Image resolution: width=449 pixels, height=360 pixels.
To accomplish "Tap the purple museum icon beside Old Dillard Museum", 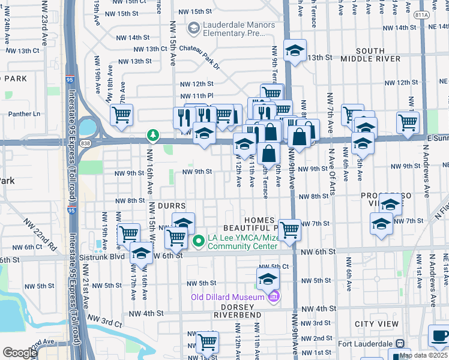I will click(274, 296).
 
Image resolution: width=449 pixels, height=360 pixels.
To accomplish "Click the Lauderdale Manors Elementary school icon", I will click(193, 28).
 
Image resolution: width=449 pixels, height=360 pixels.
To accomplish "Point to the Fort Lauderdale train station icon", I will click(398, 344).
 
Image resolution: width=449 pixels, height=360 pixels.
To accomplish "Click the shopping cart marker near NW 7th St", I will click(289, 229).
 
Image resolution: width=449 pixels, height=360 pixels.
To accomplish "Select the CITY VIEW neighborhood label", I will click(376, 324).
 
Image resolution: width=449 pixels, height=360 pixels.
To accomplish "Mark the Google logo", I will click(20, 353).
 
